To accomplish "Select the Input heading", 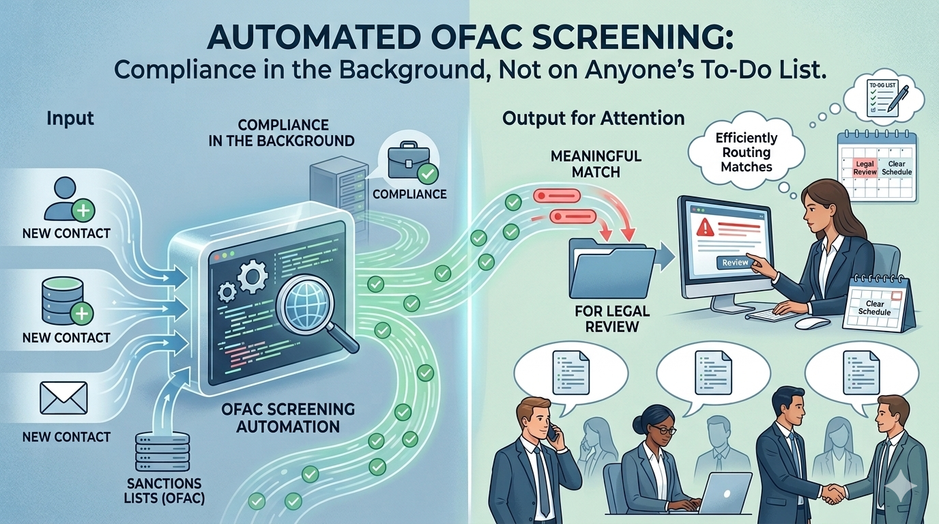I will (70, 118).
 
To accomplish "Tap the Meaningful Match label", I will (595, 164).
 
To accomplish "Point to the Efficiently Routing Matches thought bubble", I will (747, 152).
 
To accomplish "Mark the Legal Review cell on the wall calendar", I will (864, 168).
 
